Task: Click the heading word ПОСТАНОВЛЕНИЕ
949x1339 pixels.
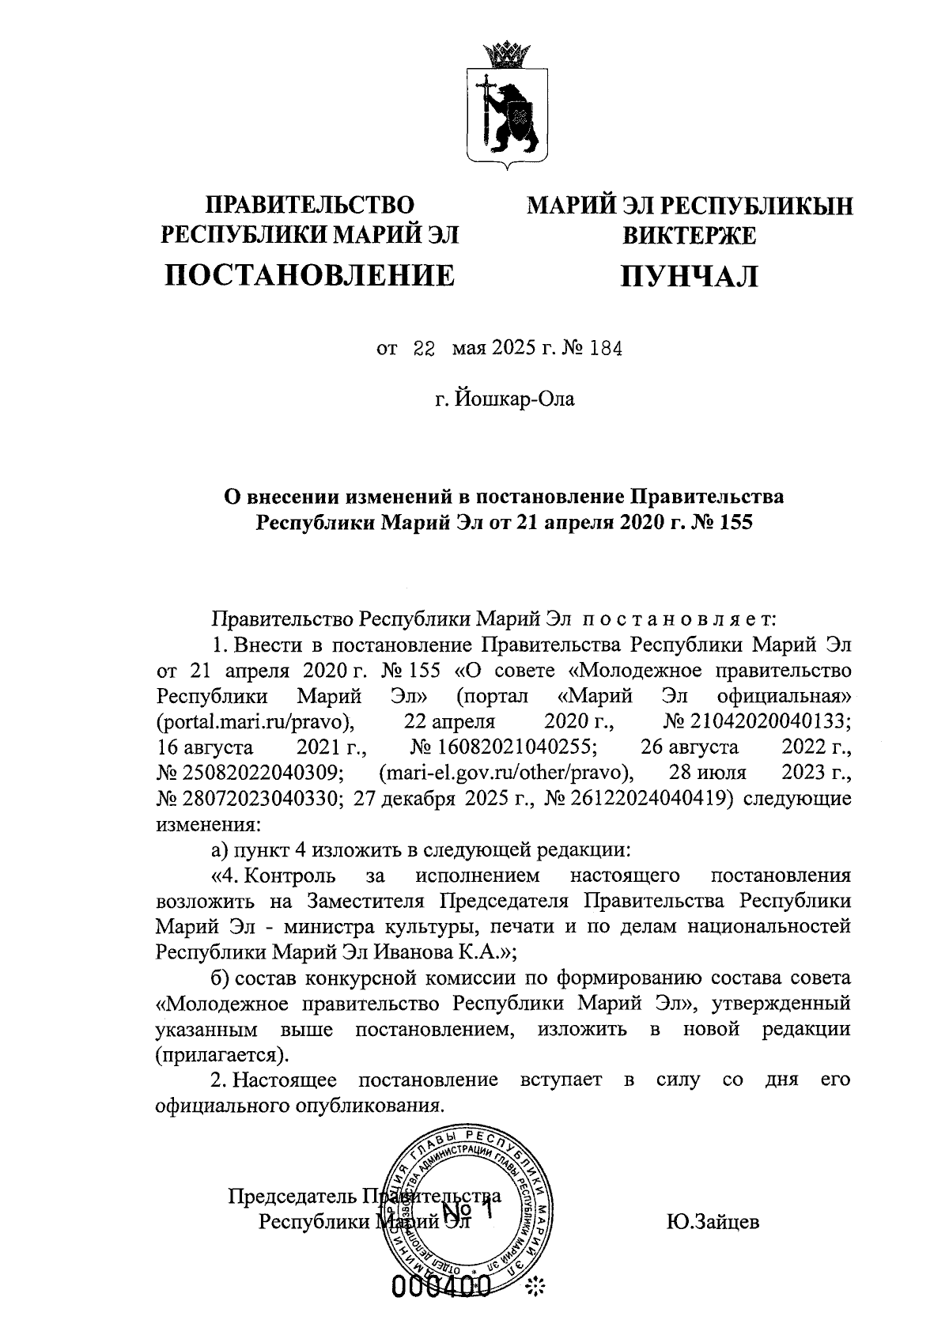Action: point(309,275)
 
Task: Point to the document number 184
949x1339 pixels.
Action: point(605,348)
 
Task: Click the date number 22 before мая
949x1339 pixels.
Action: point(425,348)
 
